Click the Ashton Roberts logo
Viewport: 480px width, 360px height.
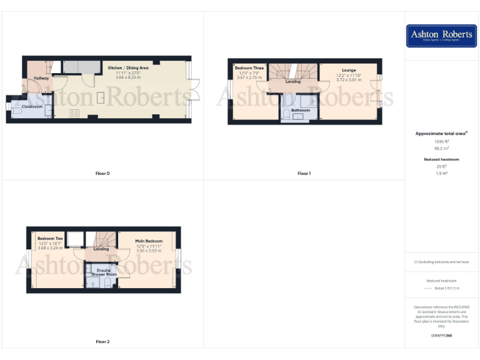coord(441,36)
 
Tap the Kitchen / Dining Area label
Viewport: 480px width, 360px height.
coord(128,67)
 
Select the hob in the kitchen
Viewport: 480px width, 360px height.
coord(74,113)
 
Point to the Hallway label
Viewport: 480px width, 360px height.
coord(42,78)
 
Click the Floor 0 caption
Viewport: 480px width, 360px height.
coord(102,173)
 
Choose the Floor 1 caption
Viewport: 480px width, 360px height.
coord(304,173)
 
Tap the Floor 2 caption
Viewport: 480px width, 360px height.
coord(102,342)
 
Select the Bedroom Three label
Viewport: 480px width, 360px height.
coord(249,67)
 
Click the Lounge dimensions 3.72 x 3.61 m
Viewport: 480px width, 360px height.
coord(349,80)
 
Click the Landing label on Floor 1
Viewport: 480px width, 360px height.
coord(292,82)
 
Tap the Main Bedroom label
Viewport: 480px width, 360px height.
coord(149,241)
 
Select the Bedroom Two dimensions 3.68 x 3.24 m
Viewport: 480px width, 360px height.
coord(51,248)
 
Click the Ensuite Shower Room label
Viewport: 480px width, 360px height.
coord(104,272)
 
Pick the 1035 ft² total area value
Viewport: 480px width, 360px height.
coord(442,141)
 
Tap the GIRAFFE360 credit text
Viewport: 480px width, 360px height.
coord(441,336)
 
